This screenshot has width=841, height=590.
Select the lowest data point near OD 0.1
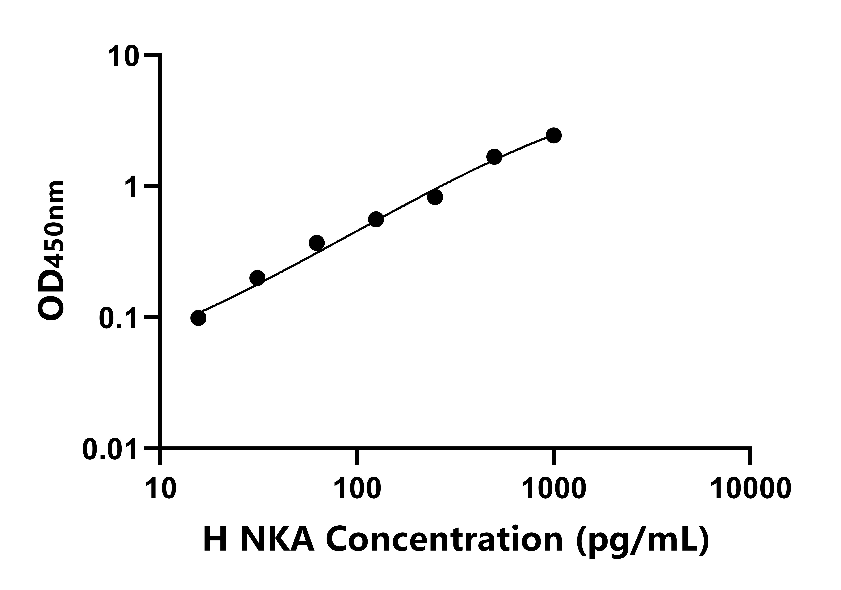[x=198, y=318]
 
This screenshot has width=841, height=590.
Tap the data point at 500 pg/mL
[x=494, y=157]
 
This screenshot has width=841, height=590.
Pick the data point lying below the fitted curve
[x=435, y=197]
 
